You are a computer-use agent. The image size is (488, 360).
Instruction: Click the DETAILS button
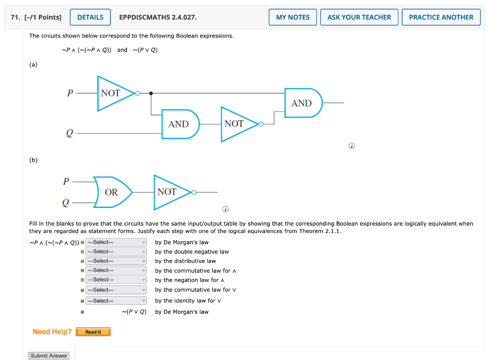point(90,17)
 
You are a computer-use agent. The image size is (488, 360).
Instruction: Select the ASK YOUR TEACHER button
point(359,17)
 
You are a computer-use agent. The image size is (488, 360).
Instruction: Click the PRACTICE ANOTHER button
point(441,17)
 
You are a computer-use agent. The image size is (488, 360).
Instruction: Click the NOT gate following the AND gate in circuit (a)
point(237,124)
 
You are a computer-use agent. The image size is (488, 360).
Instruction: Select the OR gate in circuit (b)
point(112,192)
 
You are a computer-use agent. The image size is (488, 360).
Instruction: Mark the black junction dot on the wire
point(151,93)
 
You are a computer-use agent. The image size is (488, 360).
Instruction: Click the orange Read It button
point(93,332)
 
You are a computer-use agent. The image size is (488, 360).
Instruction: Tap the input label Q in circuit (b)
point(66,203)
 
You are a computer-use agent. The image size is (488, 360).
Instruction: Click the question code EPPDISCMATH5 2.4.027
point(158,17)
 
